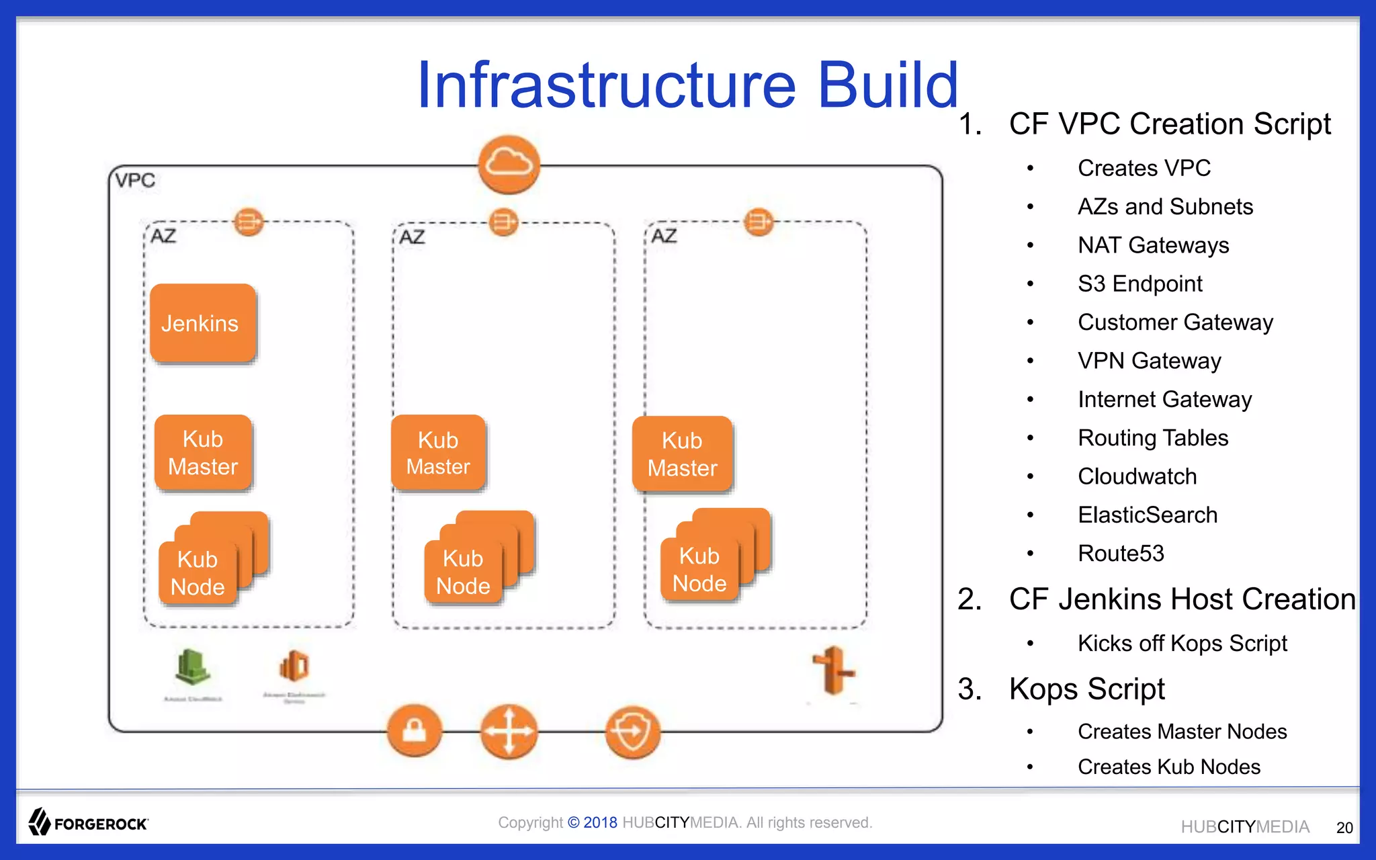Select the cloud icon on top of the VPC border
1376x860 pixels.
coord(509,164)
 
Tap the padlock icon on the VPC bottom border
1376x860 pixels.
coord(415,730)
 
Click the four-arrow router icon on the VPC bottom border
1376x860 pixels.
coord(509,731)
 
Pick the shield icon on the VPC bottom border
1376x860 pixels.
coord(632,731)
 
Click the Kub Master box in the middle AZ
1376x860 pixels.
coord(438,453)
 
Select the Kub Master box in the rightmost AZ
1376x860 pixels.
coord(682,454)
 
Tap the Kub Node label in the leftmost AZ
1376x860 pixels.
coord(198,573)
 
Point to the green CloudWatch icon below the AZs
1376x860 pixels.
coord(192,667)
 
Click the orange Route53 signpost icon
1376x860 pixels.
coord(833,670)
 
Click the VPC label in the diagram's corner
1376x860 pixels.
coord(135,180)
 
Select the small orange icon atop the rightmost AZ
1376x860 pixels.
coord(759,222)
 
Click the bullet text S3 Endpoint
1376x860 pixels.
coord(1139,284)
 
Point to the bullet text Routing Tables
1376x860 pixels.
coord(1153,438)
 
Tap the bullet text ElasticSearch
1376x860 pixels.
coord(1148,515)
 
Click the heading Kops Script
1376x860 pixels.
coord(1086,689)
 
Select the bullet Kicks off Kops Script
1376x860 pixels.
coord(1182,643)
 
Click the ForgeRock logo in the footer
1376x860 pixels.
coord(89,822)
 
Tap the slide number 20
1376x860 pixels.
coord(1344,828)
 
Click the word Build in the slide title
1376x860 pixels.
coord(887,85)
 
